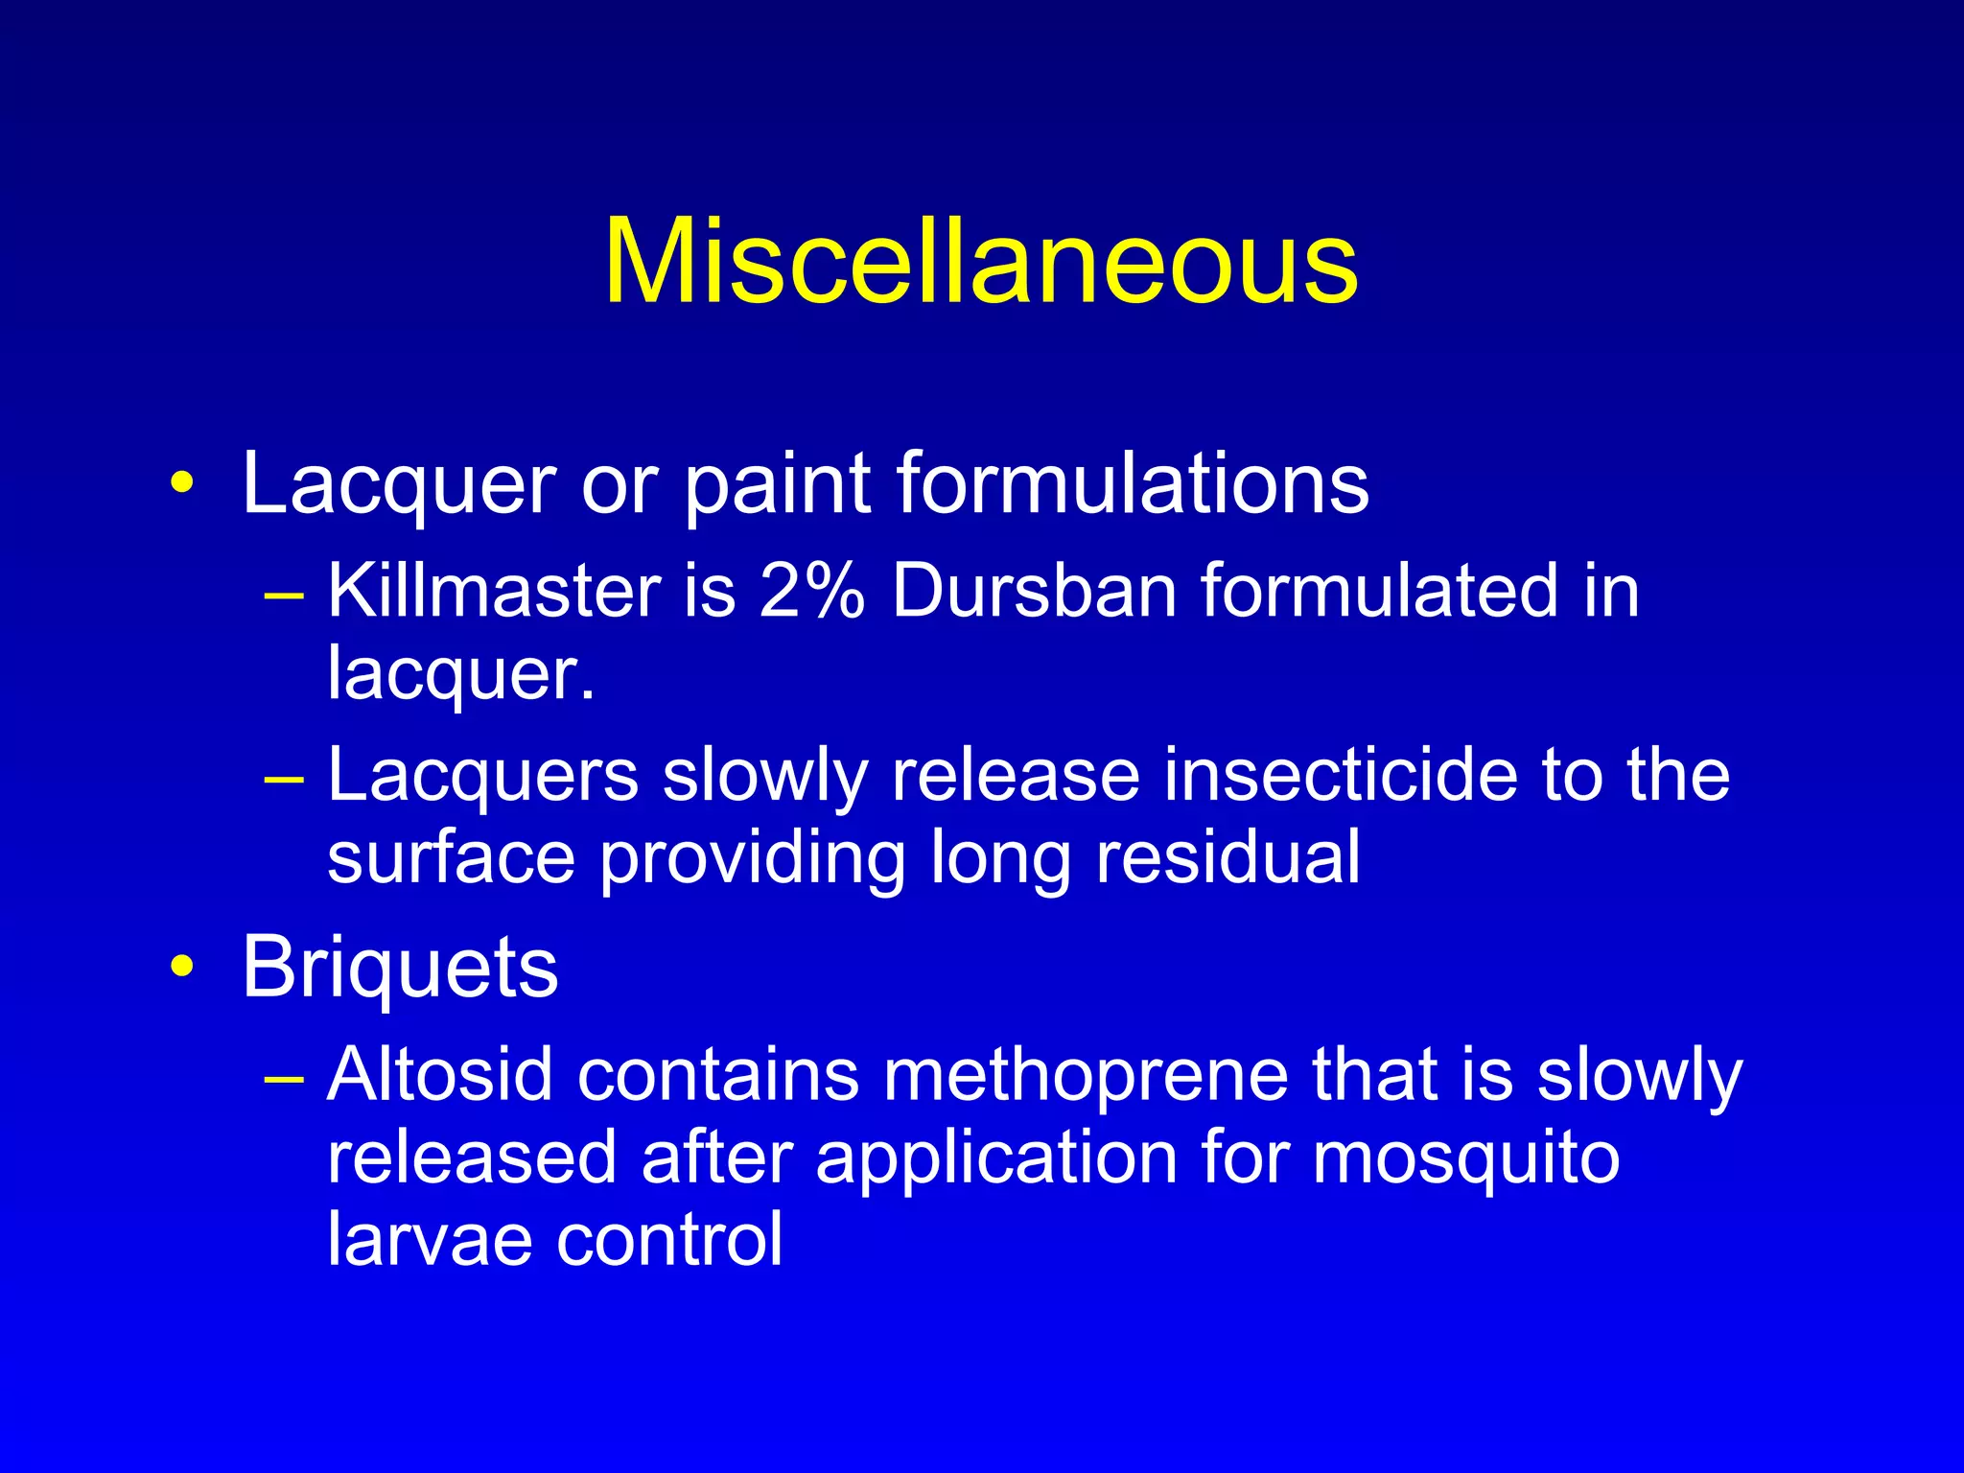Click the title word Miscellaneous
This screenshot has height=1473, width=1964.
click(x=980, y=262)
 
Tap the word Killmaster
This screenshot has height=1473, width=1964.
click(x=494, y=591)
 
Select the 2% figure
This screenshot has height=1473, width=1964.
click(x=811, y=591)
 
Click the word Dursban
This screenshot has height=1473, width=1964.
click(x=1034, y=591)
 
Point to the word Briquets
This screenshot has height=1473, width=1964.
click(x=400, y=969)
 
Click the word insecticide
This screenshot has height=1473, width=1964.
click(x=1340, y=775)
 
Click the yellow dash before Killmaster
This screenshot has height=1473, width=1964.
click(x=284, y=595)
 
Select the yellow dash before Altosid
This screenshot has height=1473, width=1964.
click(x=284, y=1079)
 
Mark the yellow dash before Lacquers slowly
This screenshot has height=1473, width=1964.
click(x=284, y=779)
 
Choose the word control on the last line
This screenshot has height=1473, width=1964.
click(x=669, y=1240)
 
